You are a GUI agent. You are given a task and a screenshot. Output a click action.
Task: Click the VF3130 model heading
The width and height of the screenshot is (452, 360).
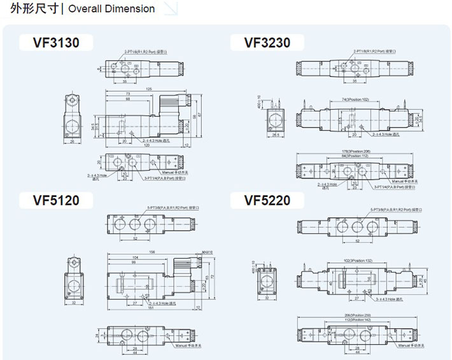pos(57,43)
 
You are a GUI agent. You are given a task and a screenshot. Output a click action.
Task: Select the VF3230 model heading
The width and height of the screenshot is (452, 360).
pos(267,43)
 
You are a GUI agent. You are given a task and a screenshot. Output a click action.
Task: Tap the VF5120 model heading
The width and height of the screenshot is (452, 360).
pos(57,201)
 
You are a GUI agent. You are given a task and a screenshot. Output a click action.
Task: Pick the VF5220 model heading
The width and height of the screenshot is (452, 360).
pos(267,201)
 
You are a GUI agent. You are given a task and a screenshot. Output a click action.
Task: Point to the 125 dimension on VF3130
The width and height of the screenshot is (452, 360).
pos(148,89)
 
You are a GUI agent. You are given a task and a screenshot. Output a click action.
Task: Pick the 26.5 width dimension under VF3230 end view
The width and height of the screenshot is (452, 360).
pos(276,135)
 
